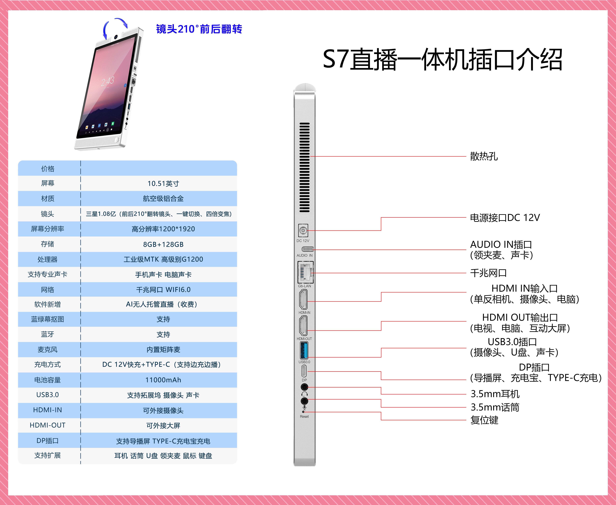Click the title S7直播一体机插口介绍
443,60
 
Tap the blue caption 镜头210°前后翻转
199,29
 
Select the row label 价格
47,169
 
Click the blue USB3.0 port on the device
304,351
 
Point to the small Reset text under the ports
304,417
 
